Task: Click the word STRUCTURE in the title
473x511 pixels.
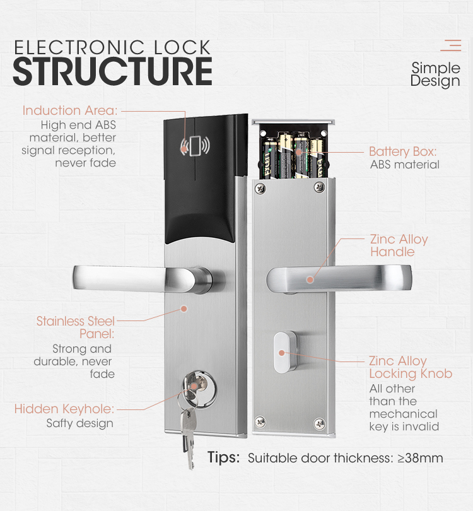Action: click(x=112, y=72)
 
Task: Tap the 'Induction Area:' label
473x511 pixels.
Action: click(x=70, y=110)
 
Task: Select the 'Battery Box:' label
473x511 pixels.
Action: click(x=402, y=151)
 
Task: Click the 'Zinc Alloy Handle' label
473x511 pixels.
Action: click(x=399, y=245)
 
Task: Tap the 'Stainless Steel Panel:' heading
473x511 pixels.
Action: click(x=75, y=327)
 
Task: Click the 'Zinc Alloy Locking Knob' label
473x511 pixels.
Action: click(x=410, y=367)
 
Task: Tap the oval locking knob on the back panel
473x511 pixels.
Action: click(x=282, y=353)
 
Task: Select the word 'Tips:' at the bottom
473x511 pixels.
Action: click(x=223, y=457)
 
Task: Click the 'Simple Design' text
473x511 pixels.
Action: click(x=435, y=74)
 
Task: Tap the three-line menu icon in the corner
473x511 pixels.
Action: click(x=450, y=45)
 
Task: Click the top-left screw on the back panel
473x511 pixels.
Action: click(x=260, y=187)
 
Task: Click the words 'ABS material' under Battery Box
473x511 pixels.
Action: click(x=404, y=165)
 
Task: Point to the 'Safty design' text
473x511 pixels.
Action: click(x=80, y=423)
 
